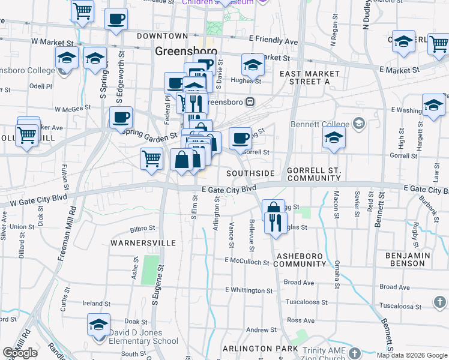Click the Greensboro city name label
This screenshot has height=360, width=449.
(x=181, y=51)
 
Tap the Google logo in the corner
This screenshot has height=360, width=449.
(x=20, y=353)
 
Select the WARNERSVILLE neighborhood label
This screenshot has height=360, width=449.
(x=143, y=243)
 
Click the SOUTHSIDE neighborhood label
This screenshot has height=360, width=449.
(x=250, y=173)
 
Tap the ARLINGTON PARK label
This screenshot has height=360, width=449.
(x=260, y=349)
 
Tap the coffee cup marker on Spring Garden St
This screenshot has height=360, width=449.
(x=121, y=118)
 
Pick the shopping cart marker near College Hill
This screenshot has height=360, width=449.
(x=27, y=136)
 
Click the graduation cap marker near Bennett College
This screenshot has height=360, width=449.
(x=334, y=138)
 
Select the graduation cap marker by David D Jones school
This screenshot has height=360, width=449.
(x=98, y=325)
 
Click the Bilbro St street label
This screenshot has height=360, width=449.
(x=142, y=229)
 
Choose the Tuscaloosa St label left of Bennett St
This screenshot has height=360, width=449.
(x=307, y=302)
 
